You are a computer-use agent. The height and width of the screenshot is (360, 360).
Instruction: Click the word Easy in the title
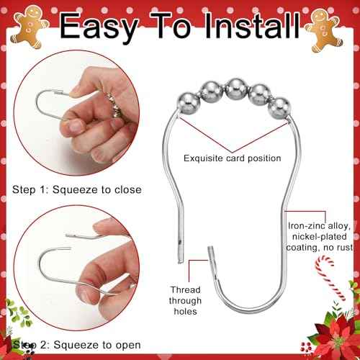99,26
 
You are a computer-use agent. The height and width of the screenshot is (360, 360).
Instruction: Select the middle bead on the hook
235,89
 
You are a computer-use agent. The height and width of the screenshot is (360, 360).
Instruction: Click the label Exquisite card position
233,158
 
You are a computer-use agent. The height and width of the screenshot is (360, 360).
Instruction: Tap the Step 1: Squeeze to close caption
77,189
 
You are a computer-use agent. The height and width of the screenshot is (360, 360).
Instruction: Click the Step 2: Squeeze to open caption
77,345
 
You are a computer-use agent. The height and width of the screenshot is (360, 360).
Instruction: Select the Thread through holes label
185,300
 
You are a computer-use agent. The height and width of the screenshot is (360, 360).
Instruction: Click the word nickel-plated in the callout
320,237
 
